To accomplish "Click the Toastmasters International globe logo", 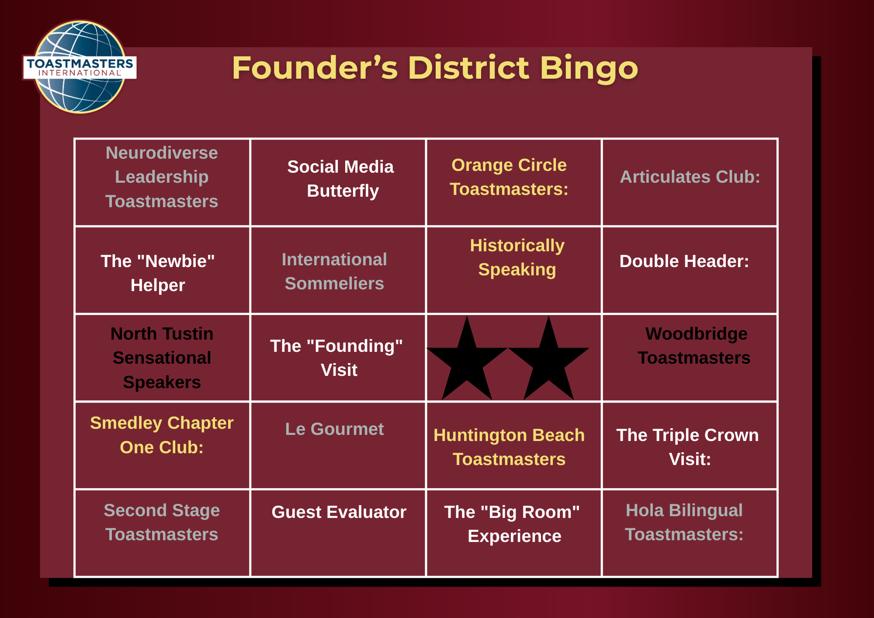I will (80, 67).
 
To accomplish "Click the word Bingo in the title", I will (589, 68).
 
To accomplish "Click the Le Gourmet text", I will (334, 429).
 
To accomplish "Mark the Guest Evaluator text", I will (339, 512).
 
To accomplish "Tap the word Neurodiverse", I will (162, 153).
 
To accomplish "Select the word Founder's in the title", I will (315, 68).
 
